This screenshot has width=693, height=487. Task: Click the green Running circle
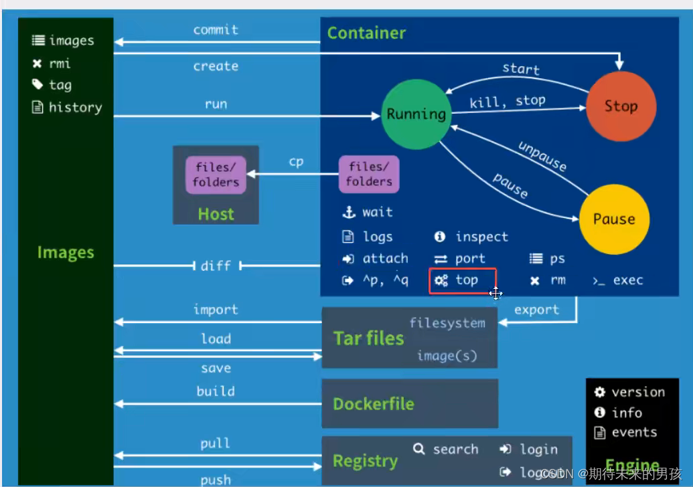coord(416,114)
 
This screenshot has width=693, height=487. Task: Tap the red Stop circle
coord(621,106)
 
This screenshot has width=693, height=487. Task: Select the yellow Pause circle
coord(613,219)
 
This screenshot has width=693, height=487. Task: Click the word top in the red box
coord(467,280)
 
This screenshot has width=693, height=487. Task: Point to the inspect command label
coord(481,237)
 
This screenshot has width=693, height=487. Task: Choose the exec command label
coord(627,280)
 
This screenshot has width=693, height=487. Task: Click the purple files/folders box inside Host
coord(216,175)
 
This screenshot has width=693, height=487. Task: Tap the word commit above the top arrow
coord(216,29)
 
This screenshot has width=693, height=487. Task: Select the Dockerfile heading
coord(373,404)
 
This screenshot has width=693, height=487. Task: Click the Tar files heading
coord(369,338)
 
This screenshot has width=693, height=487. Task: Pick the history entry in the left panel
coord(75,107)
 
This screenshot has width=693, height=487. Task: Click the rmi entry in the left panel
coord(60,64)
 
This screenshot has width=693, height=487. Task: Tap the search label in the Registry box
coord(455,449)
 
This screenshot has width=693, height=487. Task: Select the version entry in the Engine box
coord(637,392)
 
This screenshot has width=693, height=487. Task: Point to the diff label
coord(216,266)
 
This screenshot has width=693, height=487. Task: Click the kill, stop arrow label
coord(507,101)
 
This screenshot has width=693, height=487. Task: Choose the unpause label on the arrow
coord(542,157)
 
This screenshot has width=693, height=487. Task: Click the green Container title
coord(366,33)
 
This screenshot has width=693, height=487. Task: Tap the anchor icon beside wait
coord(348,213)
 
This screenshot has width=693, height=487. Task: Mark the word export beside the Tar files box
coord(536,310)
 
